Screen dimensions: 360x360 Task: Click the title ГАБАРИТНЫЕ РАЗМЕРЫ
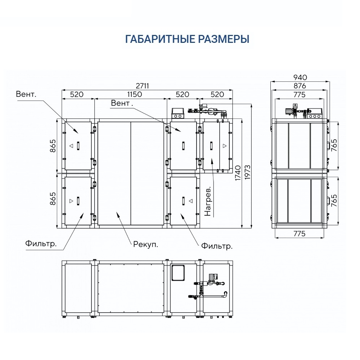tap(187, 39)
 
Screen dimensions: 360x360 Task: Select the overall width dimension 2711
tap(142, 86)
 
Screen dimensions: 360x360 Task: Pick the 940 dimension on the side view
tap(300, 77)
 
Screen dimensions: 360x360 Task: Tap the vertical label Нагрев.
tap(208, 201)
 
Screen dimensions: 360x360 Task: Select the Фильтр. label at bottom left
tap(41, 244)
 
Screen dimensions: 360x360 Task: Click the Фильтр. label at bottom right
tap(217, 247)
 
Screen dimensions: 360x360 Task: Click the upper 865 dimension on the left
tap(53, 145)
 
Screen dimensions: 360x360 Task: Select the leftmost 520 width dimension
tap(76, 94)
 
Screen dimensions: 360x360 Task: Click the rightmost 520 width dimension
tap(217, 94)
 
